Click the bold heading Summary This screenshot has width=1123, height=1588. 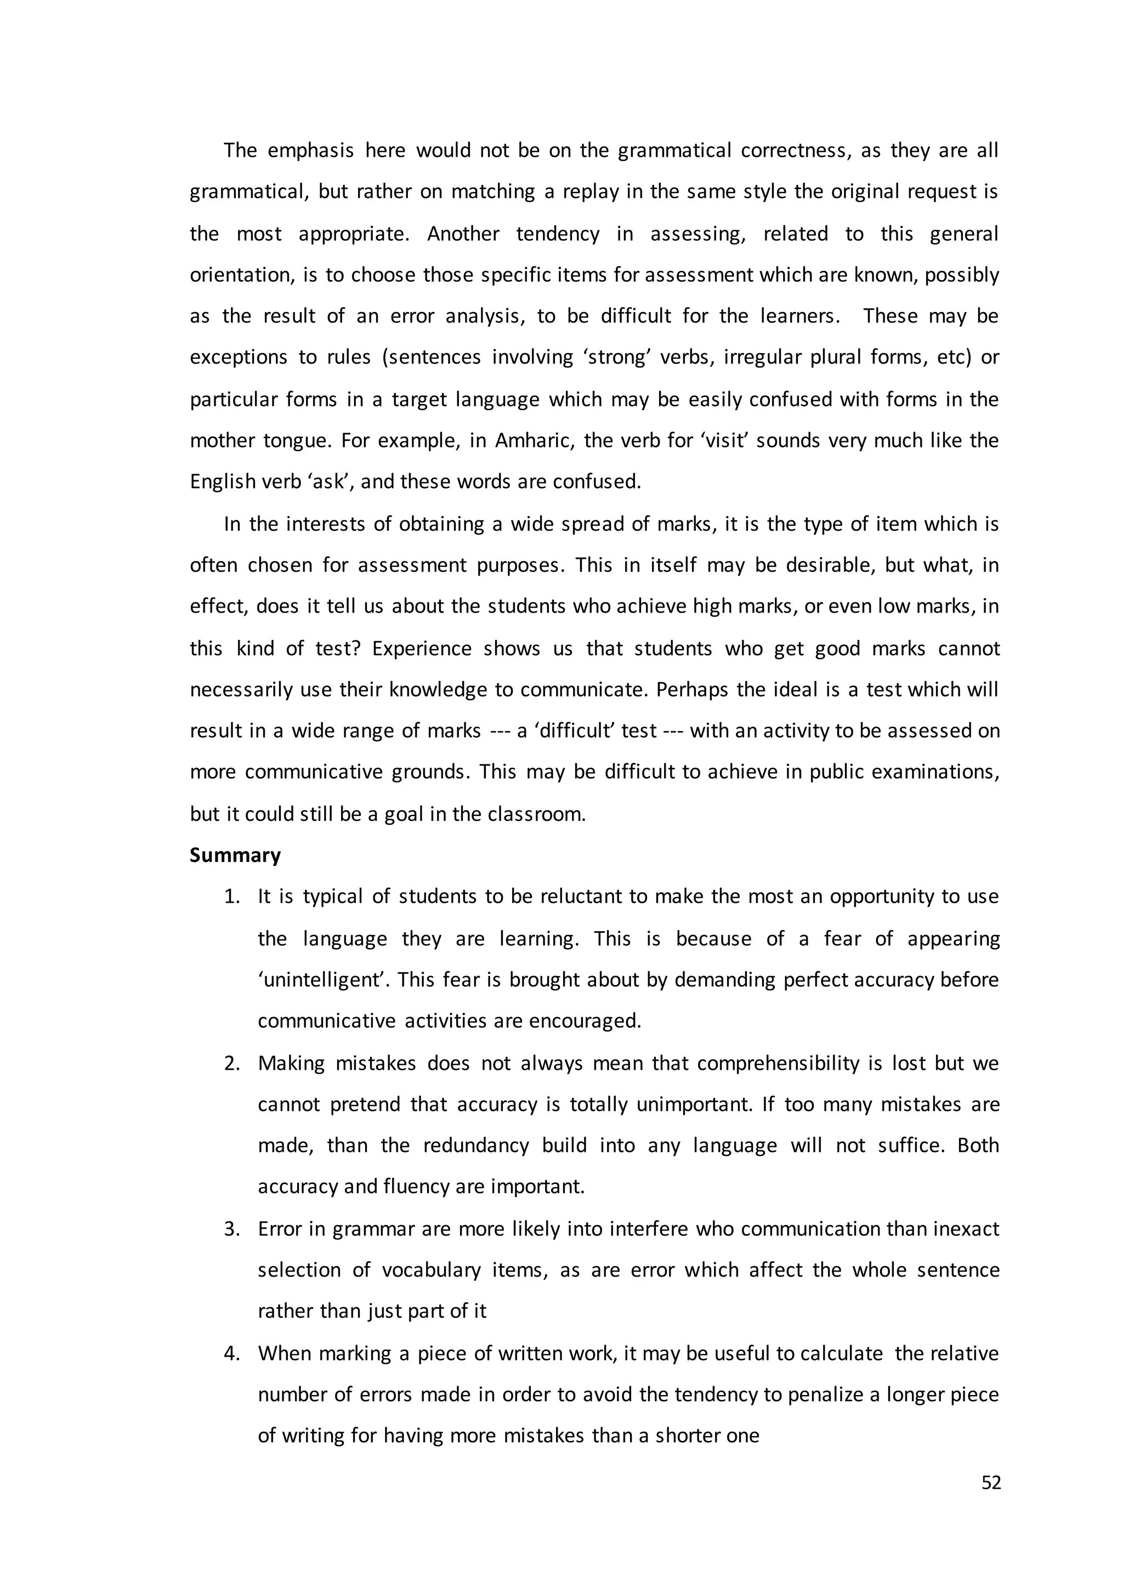point(235,855)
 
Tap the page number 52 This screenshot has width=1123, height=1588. point(991,1483)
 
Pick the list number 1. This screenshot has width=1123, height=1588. point(231,897)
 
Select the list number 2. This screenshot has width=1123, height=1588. point(231,1063)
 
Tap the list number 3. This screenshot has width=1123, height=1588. point(231,1229)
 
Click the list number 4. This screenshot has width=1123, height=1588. point(231,1353)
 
